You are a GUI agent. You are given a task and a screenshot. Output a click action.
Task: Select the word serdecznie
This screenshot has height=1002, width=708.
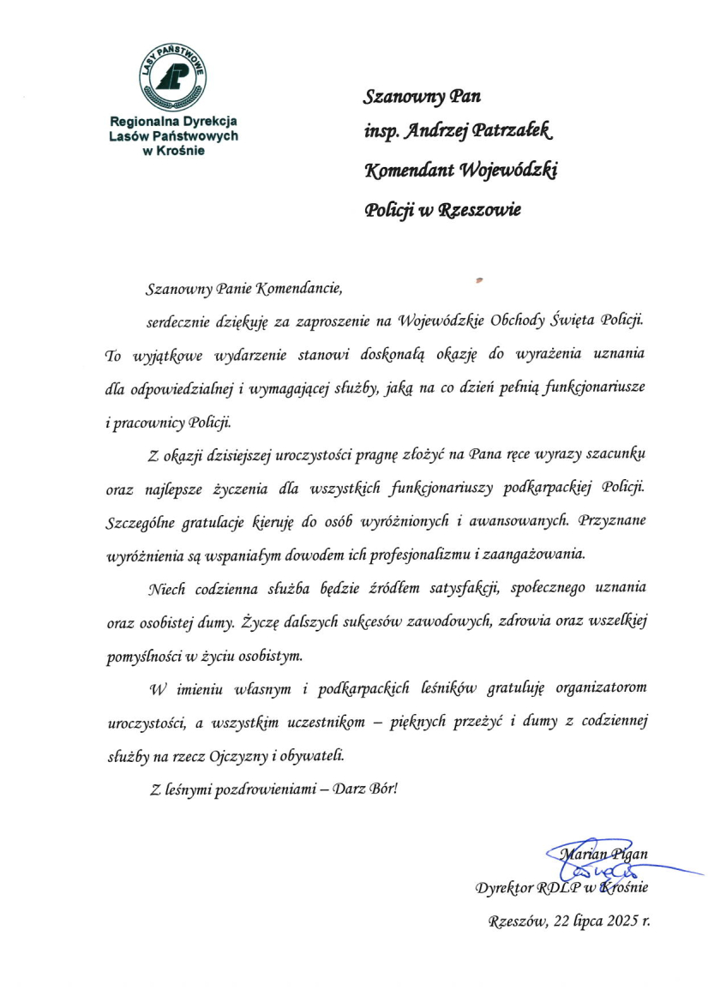(179, 322)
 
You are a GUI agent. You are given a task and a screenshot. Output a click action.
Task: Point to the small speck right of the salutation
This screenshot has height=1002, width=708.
(479, 278)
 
